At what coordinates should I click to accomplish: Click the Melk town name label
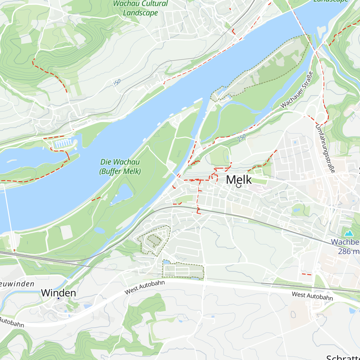(x=239, y=179)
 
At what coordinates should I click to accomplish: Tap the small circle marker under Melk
(x=239, y=186)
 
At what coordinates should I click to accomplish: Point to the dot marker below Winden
(x=58, y=298)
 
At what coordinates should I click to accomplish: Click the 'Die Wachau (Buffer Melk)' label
(x=120, y=166)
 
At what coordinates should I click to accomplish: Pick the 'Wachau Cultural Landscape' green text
(x=140, y=8)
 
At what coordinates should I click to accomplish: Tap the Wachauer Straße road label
(x=297, y=90)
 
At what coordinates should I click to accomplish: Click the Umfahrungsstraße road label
(x=325, y=148)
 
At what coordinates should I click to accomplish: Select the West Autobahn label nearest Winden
(x=145, y=287)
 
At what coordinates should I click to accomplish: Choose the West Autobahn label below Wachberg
(x=312, y=296)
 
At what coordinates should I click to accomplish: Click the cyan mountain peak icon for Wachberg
(x=349, y=233)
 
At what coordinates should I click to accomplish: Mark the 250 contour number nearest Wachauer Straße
(x=241, y=138)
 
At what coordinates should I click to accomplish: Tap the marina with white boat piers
(x=63, y=144)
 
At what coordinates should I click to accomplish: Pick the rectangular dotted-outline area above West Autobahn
(x=183, y=269)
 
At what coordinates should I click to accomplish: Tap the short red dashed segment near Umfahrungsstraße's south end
(x=307, y=274)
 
